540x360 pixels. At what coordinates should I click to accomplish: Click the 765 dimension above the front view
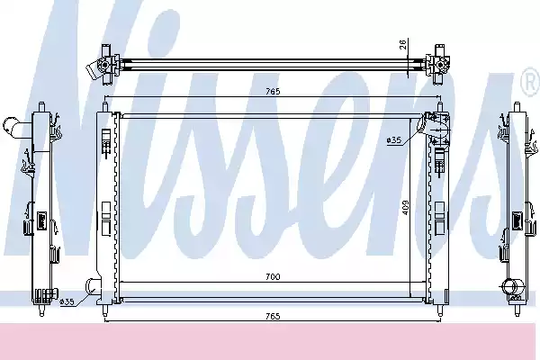pos(273,91)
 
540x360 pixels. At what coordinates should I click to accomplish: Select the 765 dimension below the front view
pos(273,316)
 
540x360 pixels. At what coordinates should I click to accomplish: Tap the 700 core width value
pos(273,276)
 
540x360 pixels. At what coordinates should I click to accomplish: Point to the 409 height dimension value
pos(406,208)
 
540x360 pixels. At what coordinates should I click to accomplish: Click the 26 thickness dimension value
pos(403,44)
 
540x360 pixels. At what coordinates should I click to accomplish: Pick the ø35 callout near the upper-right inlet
pos(394,139)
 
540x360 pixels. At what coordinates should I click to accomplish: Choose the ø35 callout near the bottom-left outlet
pos(67,301)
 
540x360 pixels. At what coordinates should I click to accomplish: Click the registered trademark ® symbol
pos(531,82)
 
